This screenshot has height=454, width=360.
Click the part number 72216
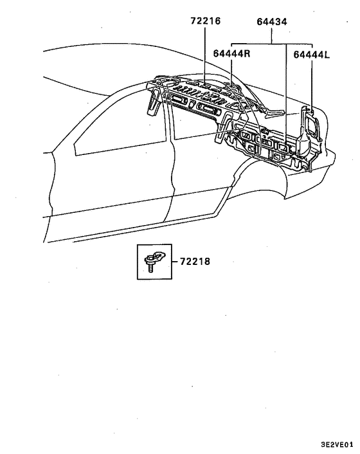(206, 21)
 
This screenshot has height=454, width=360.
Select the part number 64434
(272, 22)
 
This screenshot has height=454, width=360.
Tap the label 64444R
(231, 53)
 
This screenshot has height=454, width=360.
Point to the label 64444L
(312, 55)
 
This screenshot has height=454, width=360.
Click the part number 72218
(195, 262)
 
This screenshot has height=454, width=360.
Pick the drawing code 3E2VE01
(337, 444)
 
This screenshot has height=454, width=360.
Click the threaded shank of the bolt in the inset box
(150, 268)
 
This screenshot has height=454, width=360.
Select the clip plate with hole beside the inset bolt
(159, 256)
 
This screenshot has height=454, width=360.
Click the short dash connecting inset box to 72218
(175, 262)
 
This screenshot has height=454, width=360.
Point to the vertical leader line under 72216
(205, 56)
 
